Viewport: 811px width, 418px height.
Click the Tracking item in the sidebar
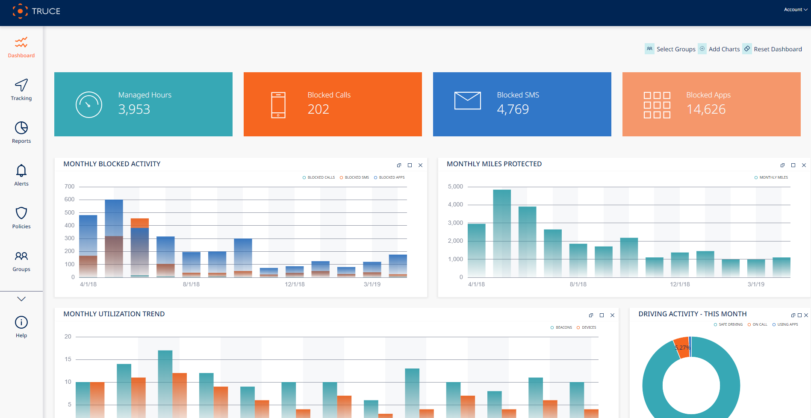click(21, 90)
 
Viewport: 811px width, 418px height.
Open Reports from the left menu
click(21, 132)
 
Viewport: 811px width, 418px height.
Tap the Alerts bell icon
click(21, 171)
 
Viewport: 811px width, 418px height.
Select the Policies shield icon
click(21, 213)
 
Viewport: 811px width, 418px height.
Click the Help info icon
click(21, 322)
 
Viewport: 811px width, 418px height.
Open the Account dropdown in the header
click(795, 9)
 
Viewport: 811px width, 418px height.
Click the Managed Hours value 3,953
click(134, 109)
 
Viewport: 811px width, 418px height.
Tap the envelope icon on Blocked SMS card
click(467, 101)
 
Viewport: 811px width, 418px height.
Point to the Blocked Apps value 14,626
click(706, 109)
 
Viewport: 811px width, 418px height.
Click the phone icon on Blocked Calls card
click(278, 105)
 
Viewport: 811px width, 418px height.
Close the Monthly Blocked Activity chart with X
click(420, 165)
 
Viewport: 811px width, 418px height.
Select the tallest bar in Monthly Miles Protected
click(501, 233)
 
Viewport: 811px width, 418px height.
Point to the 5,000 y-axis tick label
click(455, 187)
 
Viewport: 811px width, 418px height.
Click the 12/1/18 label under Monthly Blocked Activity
click(295, 284)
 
